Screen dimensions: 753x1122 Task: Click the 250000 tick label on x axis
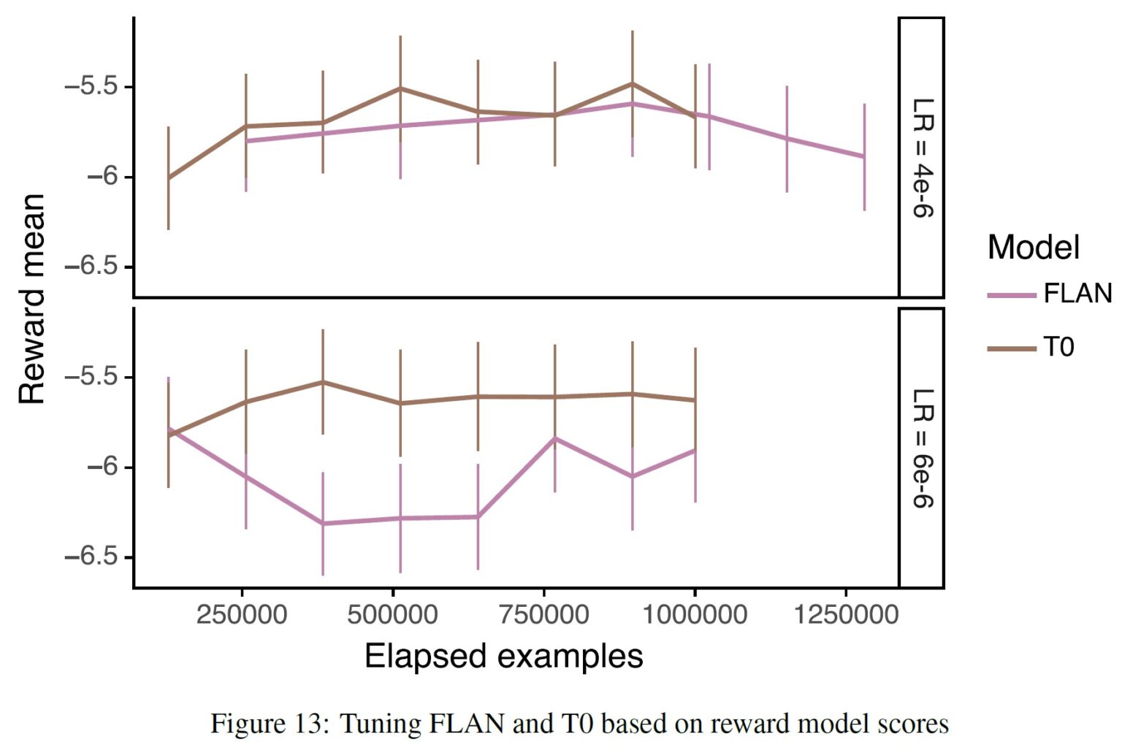241,614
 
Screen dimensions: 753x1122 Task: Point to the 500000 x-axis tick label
392,614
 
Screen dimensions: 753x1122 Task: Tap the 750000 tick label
543,614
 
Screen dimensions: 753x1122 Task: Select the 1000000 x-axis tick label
695,614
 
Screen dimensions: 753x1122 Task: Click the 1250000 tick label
846,614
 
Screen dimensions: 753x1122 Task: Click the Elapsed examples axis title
503,656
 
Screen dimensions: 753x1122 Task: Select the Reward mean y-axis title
32,299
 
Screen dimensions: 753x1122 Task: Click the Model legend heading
1033,247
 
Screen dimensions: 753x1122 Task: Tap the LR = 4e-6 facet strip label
923,157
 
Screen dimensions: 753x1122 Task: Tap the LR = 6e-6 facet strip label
923,448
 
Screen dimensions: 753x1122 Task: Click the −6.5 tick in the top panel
91,267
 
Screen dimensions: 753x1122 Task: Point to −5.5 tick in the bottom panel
91,377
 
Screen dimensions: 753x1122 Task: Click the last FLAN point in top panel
864,156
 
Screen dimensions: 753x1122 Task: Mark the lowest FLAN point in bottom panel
322,524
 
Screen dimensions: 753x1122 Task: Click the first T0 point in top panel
169,178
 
